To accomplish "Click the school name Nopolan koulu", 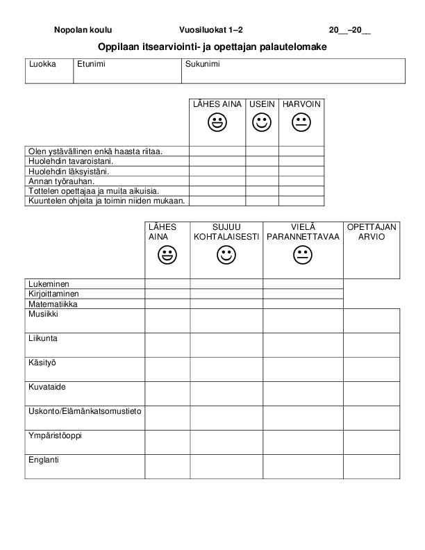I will tap(83, 31).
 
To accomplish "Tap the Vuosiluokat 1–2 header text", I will tap(211, 31).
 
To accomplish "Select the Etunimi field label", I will tap(90, 64).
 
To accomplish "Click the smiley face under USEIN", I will tap(262, 124).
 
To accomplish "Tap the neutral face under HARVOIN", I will tap(301, 124).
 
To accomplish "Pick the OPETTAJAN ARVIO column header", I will tap(372, 232).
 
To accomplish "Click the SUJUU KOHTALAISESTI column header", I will tap(226, 232).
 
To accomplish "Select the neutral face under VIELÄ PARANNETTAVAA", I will tap(303, 256).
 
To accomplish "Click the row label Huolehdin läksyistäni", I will tap(68, 171).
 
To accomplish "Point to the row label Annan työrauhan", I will tap(61, 181).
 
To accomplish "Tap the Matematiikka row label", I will tap(53, 304).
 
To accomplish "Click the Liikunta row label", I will tap(43, 338).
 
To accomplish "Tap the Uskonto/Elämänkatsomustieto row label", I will tap(85, 411).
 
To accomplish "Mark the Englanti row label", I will tap(44, 460).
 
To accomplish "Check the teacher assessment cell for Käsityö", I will tap(372, 369).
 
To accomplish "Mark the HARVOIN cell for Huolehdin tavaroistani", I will tap(301, 161).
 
